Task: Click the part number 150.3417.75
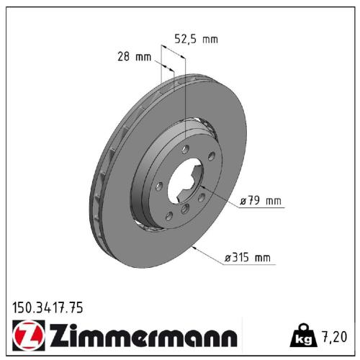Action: pos(48,308)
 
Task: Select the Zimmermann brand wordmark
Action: pos(140,336)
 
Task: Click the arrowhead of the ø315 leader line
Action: pos(197,246)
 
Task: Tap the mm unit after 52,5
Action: pos(210,39)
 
